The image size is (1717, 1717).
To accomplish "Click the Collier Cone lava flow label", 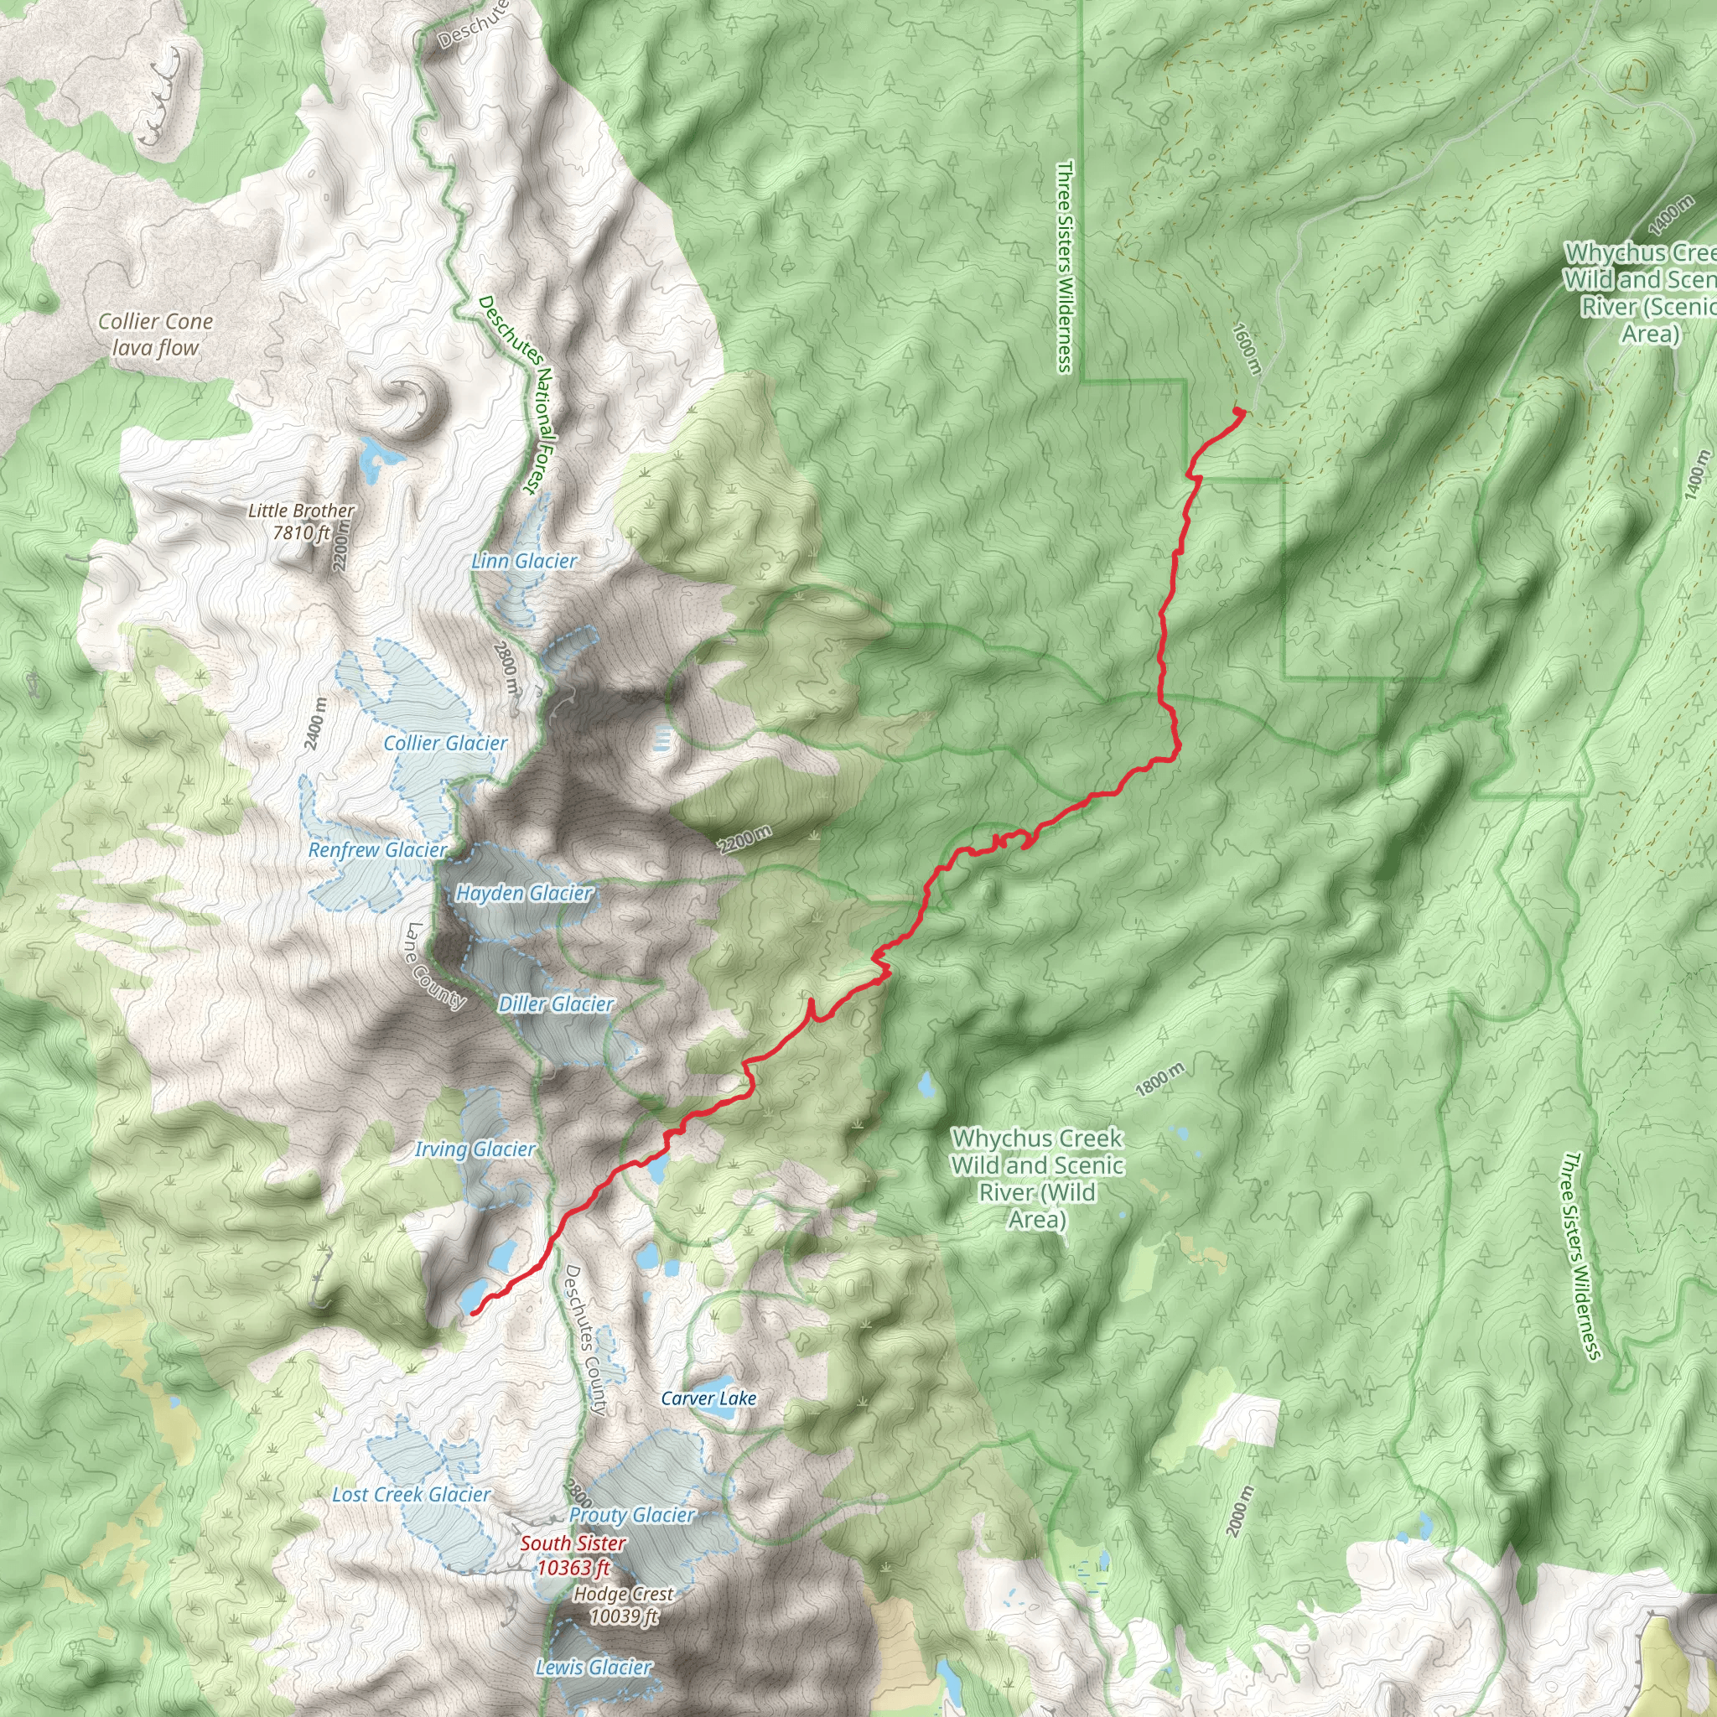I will coord(156,335).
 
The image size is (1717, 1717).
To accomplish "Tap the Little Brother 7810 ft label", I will coord(300,521).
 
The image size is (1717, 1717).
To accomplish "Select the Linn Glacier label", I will coord(524,561).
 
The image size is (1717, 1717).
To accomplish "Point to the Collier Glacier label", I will coord(445,743).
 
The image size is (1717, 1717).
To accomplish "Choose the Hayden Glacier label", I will coord(523,893).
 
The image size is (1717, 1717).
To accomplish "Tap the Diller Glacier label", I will coord(556,1004).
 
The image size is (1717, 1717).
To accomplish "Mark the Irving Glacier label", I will coord(475,1149).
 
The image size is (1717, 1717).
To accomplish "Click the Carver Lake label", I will coord(708,1398).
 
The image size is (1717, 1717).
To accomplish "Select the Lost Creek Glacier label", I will coord(411,1495).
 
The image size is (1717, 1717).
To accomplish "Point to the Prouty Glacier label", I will coord(632,1515).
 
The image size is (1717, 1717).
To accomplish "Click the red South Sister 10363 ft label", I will coord(573,1555).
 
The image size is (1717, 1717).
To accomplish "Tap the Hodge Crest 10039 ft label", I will coord(624,1605).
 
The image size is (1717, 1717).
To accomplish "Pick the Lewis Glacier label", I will coord(594,1668).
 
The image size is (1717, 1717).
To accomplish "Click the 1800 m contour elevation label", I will coord(1159,1079).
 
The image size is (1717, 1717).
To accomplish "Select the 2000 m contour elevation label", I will coord(1241,1511).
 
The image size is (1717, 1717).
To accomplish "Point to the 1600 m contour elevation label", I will coord(1246,349).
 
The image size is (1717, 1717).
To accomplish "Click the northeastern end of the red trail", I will coord(1239,411).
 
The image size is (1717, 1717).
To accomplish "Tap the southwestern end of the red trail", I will coord(473,1313).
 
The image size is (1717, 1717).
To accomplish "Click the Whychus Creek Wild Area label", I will coord(1037,1179).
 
